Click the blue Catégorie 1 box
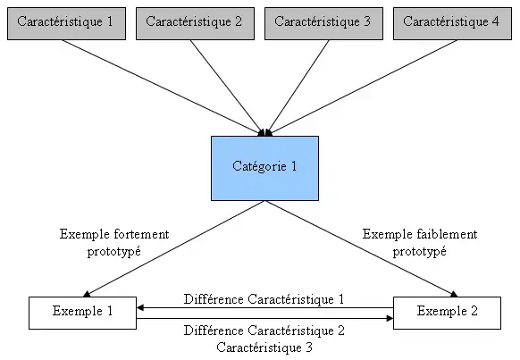point(264,167)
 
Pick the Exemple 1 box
point(83,312)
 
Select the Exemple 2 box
point(448,312)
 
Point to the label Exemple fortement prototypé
point(114,243)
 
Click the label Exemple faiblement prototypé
point(420,243)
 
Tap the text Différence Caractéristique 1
point(264,299)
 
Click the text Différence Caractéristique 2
point(264,331)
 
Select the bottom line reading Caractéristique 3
point(264,347)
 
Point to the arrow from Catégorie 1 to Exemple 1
point(174,247)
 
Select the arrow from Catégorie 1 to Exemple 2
point(363,247)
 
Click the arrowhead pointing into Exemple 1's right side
point(141,308)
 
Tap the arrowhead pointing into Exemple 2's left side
point(389,317)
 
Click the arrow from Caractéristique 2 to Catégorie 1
point(228,87)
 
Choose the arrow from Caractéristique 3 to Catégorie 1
point(298,87)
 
